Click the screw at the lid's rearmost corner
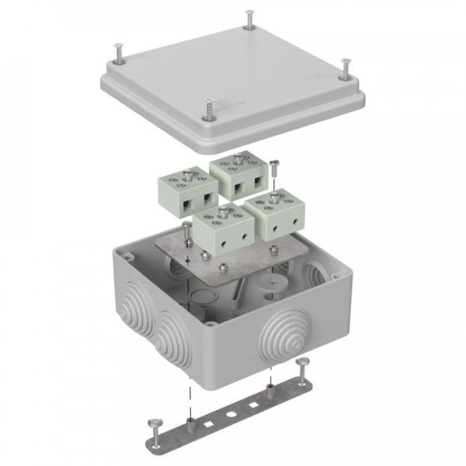point(248,16)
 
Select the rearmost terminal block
point(235,171)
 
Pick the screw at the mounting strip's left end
point(152,425)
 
